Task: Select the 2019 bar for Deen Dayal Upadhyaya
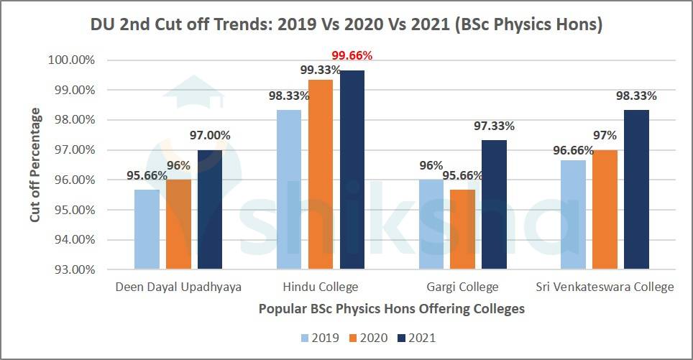pyautogui.click(x=147, y=230)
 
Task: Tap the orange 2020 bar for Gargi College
pyautogui.click(x=462, y=230)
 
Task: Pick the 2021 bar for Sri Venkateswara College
pyautogui.click(x=636, y=190)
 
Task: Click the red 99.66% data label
pyautogui.click(x=352, y=55)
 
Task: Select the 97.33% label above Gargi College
pyautogui.click(x=494, y=126)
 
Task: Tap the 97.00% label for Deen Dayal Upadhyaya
pyautogui.click(x=211, y=136)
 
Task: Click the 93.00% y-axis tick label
pyautogui.click(x=75, y=270)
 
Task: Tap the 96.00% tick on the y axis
pyautogui.click(x=75, y=180)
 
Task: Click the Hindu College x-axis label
pyautogui.click(x=321, y=287)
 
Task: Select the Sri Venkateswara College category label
pyautogui.click(x=605, y=287)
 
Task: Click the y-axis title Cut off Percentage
pyautogui.click(x=35, y=165)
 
